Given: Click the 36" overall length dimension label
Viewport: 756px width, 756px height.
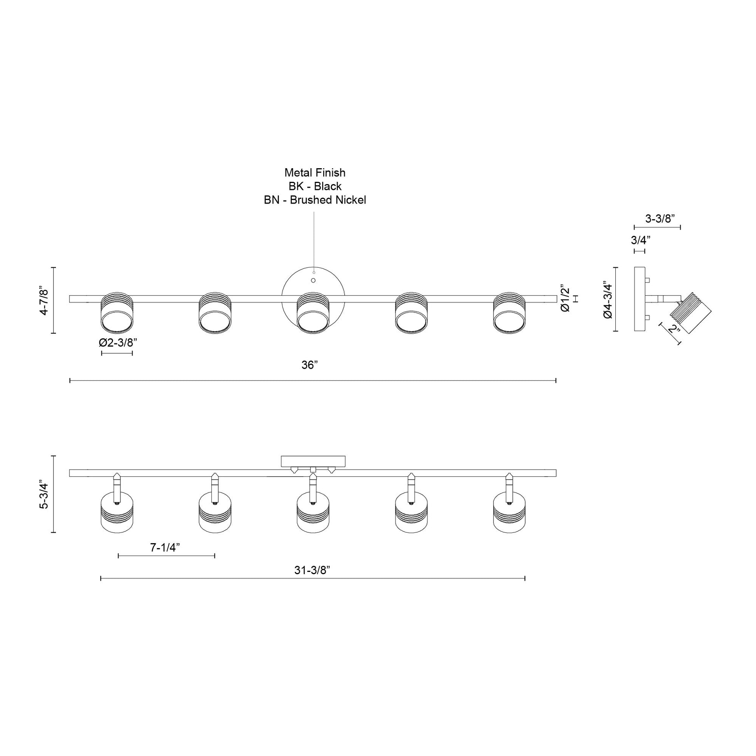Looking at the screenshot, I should point(310,365).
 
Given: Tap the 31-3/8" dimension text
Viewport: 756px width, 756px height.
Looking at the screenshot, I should point(312,570).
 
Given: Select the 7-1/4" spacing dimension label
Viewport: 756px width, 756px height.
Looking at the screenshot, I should point(165,547).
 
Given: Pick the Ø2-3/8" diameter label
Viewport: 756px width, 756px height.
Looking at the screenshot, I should point(118,343).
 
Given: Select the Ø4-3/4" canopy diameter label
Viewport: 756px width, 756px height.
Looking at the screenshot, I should point(608,300).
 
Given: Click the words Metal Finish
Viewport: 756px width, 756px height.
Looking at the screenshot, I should point(315,172).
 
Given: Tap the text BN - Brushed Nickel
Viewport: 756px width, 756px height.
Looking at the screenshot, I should point(315,200).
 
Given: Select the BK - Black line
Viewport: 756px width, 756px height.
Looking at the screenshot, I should point(315,186).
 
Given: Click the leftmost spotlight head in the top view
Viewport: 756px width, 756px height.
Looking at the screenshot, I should point(117,313).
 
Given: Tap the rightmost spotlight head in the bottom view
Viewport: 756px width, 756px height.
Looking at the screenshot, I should point(509,512).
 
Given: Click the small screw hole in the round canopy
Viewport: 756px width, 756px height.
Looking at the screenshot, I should point(313,280).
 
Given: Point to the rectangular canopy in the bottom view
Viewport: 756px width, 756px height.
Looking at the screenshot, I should point(313,461).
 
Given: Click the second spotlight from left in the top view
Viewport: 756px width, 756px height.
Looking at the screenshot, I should point(215,313).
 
